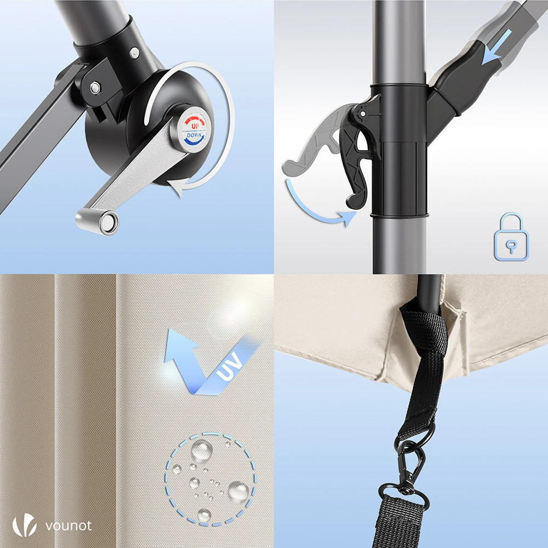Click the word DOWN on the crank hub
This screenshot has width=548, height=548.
point(194,135)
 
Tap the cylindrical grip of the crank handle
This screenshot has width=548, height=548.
point(97,221)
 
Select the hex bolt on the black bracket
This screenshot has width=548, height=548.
point(95,87)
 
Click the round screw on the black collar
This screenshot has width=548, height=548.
point(134,53)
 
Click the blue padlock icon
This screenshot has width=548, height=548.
point(511,237)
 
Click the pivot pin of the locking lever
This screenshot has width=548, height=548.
point(363,113)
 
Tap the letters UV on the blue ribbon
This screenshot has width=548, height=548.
point(230,366)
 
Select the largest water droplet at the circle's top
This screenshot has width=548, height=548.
point(202,450)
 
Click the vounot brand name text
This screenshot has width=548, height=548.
point(68,526)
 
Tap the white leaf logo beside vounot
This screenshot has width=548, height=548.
point(24,525)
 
